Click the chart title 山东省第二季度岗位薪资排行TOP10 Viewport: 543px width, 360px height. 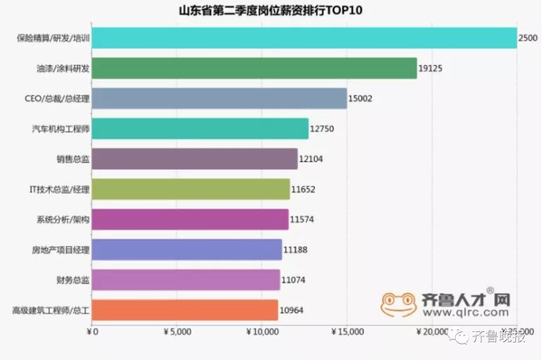[x=271, y=10]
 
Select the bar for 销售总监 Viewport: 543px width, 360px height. [x=195, y=159]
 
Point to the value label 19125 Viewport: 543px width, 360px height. [x=432, y=68]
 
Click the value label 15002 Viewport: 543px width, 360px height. [x=363, y=99]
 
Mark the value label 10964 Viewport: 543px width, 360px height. [x=293, y=310]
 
